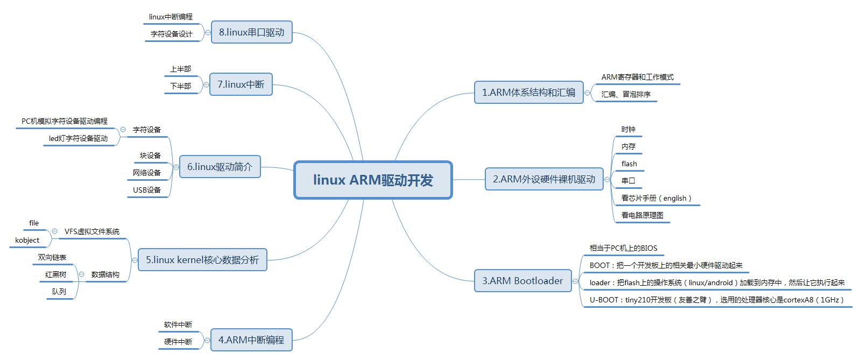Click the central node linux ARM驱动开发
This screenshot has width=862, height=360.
373,180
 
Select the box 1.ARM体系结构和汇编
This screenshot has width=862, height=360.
528,93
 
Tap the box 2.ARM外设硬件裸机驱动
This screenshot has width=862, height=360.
544,179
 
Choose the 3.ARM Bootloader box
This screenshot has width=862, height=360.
522,281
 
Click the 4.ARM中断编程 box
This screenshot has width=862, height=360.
251,340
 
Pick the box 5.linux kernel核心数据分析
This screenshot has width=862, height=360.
202,260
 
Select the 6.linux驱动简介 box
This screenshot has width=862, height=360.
220,167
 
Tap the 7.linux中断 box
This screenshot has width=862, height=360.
241,84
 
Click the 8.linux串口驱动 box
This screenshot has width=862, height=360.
251,32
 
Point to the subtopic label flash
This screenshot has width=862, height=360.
629,164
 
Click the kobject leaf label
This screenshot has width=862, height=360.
27,240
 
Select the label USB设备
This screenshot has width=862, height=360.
147,190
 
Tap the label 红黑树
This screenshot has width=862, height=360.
56,274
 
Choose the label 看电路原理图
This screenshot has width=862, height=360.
642,215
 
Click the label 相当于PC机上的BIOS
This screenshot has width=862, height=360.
623,248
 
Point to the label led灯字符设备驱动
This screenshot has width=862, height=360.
78,138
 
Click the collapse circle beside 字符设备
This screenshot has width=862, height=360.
123,130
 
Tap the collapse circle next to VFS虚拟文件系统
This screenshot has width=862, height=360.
55,231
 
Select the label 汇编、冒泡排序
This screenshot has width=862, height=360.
626,94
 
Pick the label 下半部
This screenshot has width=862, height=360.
180,86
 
